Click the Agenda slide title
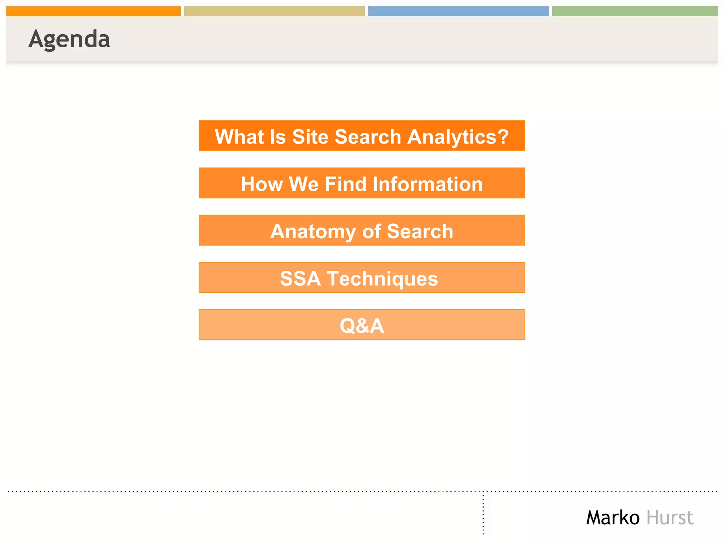click(69, 39)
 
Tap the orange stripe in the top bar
click(93, 11)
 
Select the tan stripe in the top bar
click(274, 11)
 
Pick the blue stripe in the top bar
click(458, 11)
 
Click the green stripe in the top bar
click(635, 11)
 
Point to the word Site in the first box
click(310, 137)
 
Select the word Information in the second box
click(427, 184)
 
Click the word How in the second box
click(262, 184)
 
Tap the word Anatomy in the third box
click(313, 232)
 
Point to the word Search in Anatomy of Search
click(420, 232)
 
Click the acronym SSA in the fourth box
click(300, 279)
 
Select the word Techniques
click(382, 279)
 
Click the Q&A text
click(362, 326)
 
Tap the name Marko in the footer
click(613, 518)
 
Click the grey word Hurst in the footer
click(670, 518)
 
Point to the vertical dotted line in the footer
click(483, 514)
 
